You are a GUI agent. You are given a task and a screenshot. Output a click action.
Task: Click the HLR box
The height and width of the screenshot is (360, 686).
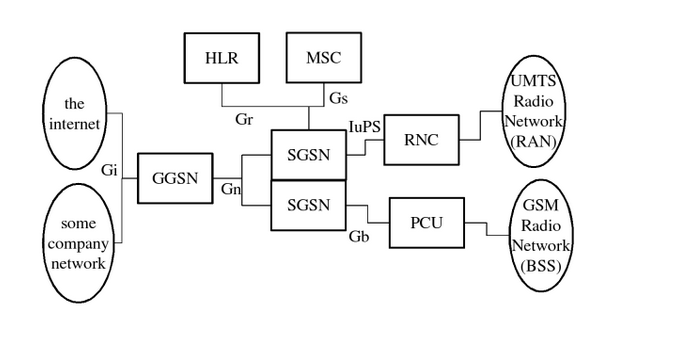tap(221, 58)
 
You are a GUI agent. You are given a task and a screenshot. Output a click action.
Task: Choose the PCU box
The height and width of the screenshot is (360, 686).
tap(426, 223)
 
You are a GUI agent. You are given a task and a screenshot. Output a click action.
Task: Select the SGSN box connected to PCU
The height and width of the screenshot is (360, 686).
tap(309, 205)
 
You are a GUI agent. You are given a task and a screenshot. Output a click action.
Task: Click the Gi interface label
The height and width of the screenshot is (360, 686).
tap(110, 170)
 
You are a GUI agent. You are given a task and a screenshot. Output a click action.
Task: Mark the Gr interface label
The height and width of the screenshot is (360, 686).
tap(243, 117)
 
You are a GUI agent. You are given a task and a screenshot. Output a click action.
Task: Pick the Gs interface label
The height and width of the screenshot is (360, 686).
tap(338, 97)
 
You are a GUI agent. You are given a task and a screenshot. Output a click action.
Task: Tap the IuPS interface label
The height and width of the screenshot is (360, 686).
tap(364, 126)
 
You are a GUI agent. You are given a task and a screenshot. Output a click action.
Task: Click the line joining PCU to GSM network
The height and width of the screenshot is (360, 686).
tap(487, 232)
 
